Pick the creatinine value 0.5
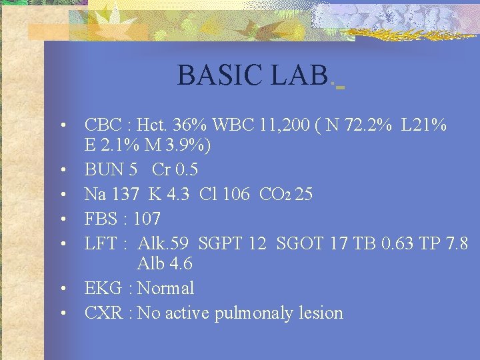point(185,169)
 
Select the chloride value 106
point(237,194)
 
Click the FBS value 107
point(147,219)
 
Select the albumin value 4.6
point(180,263)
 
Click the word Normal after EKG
point(165,288)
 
